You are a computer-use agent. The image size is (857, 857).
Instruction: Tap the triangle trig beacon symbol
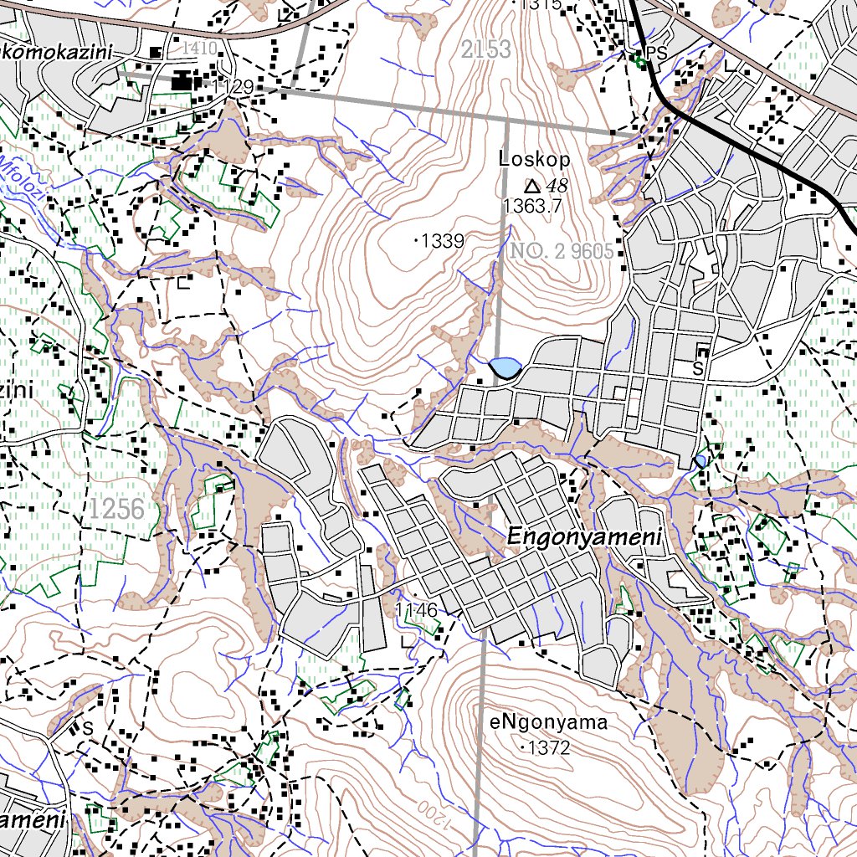531,185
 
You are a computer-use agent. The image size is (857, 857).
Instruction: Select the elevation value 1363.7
532,206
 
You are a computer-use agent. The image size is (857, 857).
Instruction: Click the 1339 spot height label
441,241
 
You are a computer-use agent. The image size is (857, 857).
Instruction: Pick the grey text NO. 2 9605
562,250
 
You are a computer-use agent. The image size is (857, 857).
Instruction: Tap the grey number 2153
485,49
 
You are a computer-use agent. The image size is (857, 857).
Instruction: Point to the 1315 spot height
540,5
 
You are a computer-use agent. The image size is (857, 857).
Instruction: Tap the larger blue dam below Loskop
505,367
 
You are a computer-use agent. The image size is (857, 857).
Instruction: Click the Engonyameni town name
584,540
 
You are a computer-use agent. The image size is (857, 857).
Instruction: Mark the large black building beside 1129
182,82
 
